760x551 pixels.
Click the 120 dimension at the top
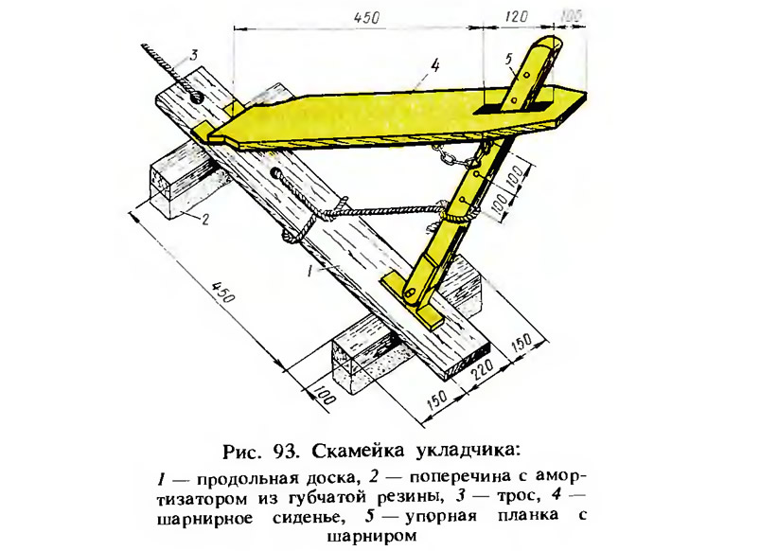click(x=517, y=16)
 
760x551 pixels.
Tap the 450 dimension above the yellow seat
click(x=366, y=18)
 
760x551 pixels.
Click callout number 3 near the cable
click(x=193, y=55)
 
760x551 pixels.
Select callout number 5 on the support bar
click(x=508, y=60)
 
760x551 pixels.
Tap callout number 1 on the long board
click(x=310, y=271)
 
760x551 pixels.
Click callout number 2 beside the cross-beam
click(x=205, y=220)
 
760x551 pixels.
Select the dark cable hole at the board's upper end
click(x=198, y=96)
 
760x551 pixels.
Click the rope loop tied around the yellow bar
click(x=458, y=215)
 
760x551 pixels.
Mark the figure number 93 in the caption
click(x=286, y=451)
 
